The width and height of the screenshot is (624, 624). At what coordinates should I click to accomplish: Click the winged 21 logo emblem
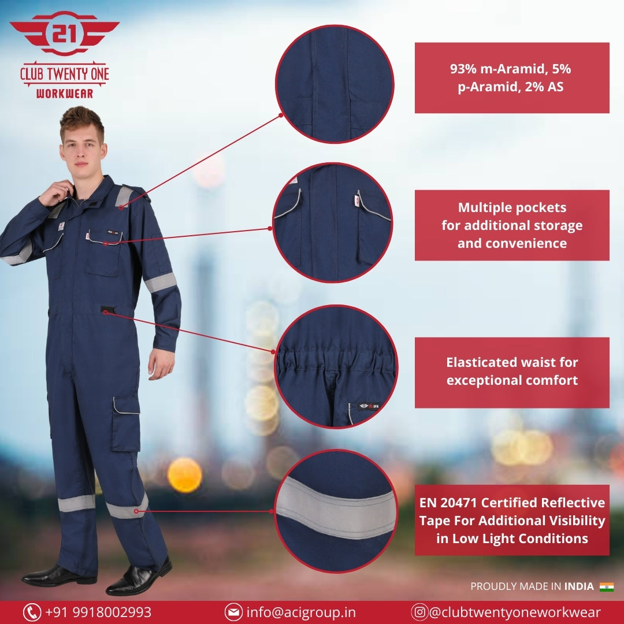tap(65, 34)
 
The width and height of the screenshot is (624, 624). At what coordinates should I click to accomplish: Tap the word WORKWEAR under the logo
tap(65, 94)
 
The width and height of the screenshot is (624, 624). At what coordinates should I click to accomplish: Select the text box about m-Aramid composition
tap(512, 77)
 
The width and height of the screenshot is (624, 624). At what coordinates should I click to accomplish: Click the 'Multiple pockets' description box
tap(512, 225)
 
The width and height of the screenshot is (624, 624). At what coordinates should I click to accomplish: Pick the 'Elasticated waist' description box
tap(512, 373)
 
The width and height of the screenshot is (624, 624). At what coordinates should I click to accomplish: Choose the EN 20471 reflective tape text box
tap(512, 520)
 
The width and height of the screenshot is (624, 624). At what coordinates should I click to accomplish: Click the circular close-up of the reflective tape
tap(336, 511)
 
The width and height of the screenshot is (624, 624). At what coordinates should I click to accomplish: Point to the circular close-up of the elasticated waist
tap(336, 366)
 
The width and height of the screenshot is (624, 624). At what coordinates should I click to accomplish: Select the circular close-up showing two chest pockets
tap(333, 222)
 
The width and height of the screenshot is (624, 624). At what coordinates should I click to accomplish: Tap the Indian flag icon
tap(607, 586)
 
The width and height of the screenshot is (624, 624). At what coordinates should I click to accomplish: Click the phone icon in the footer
tap(32, 612)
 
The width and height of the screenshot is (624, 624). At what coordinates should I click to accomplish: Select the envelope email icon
tap(233, 612)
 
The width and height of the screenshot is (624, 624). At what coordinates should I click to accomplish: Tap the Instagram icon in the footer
tap(419, 612)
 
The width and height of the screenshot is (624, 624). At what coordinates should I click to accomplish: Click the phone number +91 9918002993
tap(98, 612)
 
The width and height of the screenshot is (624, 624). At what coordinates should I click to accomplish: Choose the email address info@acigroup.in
tap(301, 612)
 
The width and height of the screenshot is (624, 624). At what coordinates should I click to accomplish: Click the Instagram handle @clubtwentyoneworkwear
tap(515, 612)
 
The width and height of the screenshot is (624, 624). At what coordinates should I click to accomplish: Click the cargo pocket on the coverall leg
tap(126, 424)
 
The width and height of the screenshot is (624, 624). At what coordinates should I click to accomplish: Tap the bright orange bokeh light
tap(185, 475)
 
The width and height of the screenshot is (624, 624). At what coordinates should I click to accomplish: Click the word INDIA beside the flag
tap(579, 586)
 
